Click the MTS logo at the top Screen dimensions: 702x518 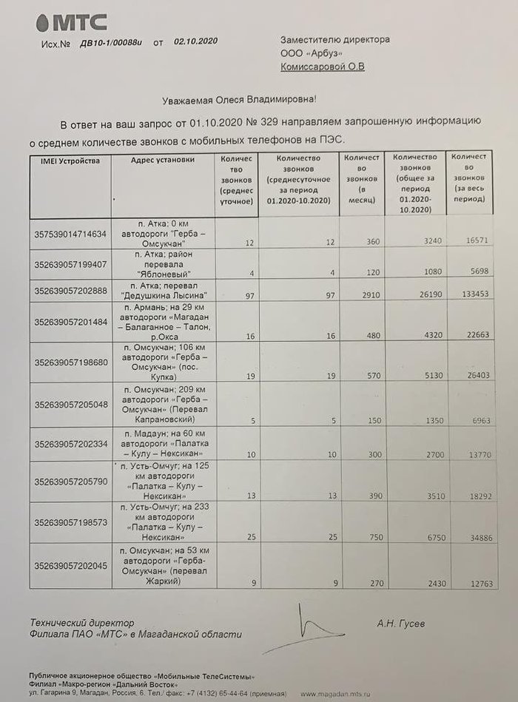pos(70,22)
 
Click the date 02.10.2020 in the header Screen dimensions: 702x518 pos(196,42)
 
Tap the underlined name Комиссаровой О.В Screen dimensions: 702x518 pos(323,67)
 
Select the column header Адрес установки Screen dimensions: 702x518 pos(162,160)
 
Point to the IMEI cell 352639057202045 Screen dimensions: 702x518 pos(70,566)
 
